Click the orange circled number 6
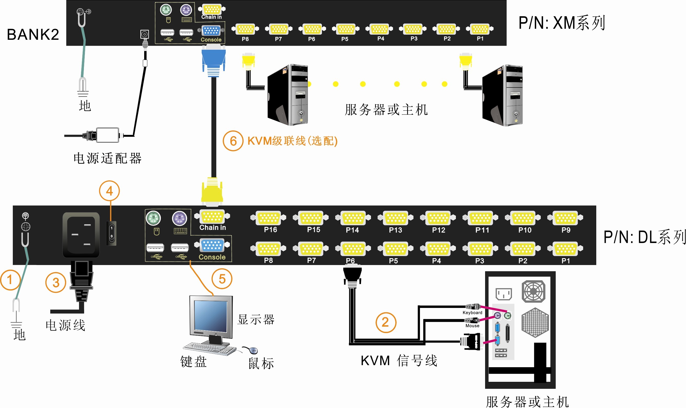click(233, 141)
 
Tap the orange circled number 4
click(109, 191)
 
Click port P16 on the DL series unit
click(269, 218)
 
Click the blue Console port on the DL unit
click(212, 245)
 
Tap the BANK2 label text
click(33, 35)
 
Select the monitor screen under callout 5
click(211, 316)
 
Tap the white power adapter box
click(107, 135)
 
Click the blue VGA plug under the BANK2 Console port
click(213, 59)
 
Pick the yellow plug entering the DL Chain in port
click(212, 191)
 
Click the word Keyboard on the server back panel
click(472, 313)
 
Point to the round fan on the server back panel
click(533, 292)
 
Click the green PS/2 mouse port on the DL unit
click(153, 219)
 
